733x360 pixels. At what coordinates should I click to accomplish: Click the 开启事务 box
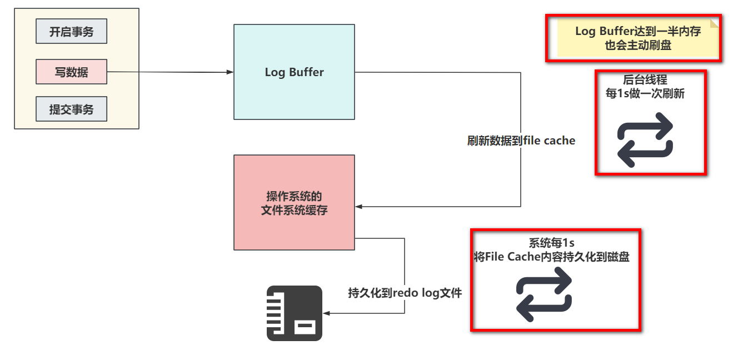point(71,31)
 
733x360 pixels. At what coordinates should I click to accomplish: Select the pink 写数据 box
point(71,72)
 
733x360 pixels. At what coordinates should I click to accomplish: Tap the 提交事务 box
point(71,109)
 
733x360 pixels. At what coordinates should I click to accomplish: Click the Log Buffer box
point(294,72)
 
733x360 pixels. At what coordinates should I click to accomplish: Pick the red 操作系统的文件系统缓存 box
point(294,202)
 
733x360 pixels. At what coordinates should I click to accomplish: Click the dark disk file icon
point(295,313)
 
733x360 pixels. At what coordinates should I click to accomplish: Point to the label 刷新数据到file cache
point(521,141)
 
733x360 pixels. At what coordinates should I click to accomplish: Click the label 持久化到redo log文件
point(405,293)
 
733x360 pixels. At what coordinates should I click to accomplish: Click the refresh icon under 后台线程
point(645,140)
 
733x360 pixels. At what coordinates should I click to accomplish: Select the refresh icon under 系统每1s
point(544,294)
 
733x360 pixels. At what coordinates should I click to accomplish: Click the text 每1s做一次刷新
point(645,94)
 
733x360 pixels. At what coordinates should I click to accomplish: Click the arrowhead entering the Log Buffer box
point(230,72)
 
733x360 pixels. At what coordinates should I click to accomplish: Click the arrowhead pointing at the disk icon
point(326,313)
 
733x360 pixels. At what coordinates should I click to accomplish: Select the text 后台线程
point(645,80)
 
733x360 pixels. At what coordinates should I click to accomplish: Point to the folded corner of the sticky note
point(714,22)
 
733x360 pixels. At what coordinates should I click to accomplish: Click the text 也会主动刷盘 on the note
point(638,46)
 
